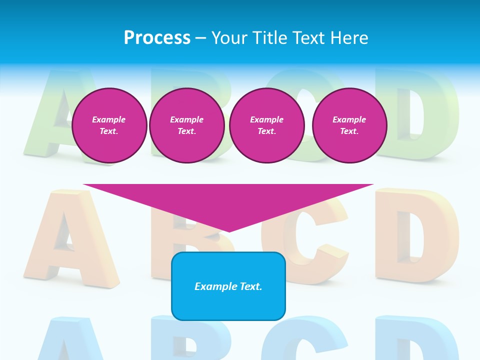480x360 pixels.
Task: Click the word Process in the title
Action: (157, 38)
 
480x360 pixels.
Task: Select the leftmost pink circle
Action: (109, 125)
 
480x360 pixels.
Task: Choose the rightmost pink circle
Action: (349, 125)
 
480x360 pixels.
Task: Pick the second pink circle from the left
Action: (186, 125)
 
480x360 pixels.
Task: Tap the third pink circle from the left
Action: (266, 125)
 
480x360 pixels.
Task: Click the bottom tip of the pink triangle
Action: (228, 230)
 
